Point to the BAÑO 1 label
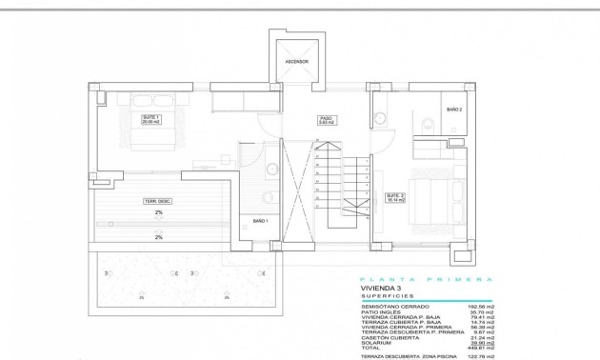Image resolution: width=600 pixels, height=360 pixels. click(x=261, y=221)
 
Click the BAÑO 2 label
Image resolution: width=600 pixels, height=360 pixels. click(x=454, y=110)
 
